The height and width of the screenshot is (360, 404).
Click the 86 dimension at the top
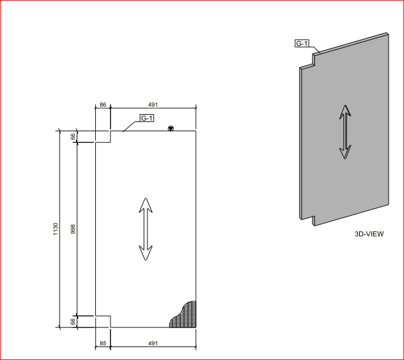[x=103, y=105]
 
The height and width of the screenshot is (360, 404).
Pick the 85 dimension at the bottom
[x=103, y=344]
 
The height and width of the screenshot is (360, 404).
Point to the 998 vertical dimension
[x=73, y=229]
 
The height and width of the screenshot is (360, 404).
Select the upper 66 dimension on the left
[x=73, y=137]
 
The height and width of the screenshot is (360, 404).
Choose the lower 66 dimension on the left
[x=73, y=321]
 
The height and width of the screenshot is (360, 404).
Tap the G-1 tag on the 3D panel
[x=302, y=44]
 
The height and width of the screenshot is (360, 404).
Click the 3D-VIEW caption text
[x=369, y=234]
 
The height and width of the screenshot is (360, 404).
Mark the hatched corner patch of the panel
[x=184, y=314]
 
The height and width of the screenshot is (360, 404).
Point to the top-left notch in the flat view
[x=103, y=137]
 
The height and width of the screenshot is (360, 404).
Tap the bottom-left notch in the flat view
[x=103, y=321]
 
